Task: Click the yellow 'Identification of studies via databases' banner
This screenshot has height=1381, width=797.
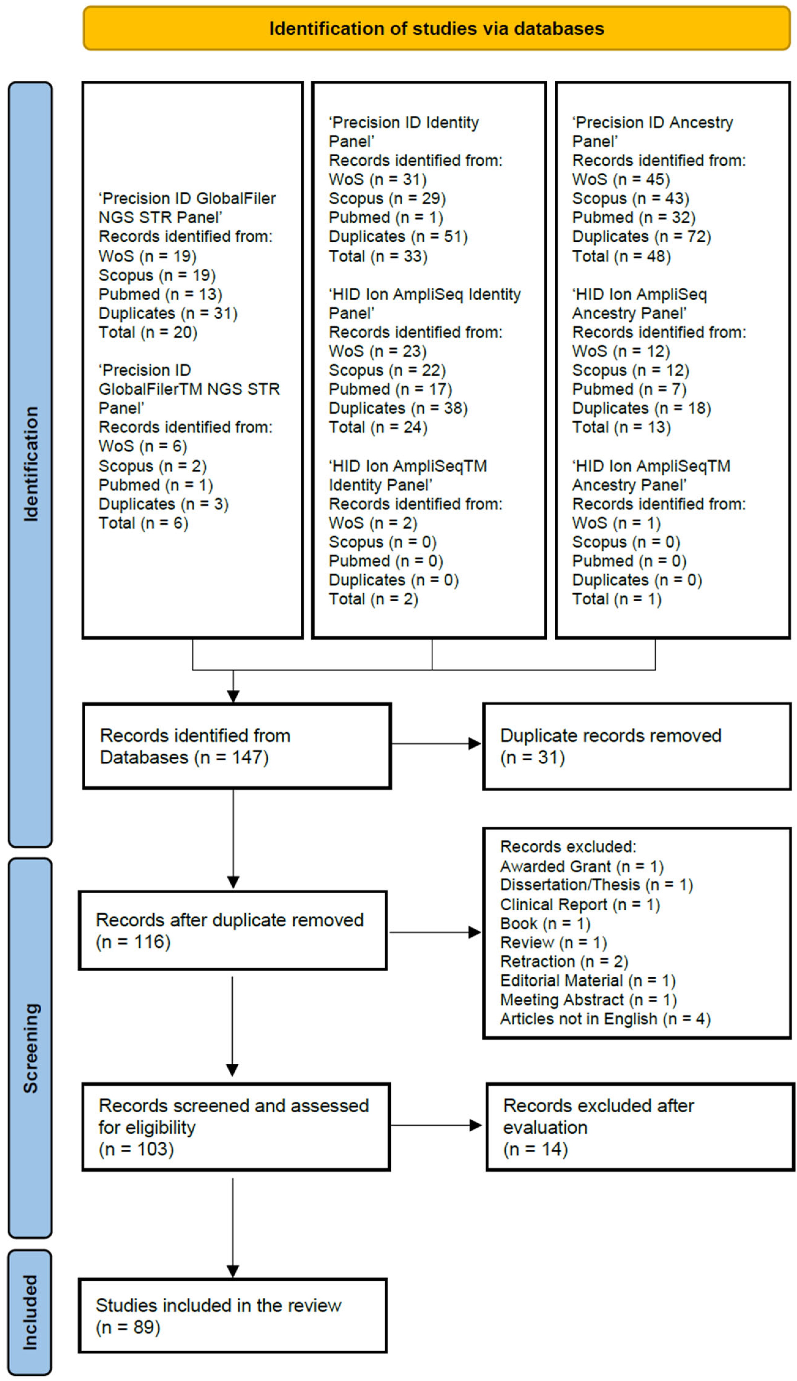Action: [x=436, y=28]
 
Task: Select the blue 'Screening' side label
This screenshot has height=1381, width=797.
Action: [x=30, y=1048]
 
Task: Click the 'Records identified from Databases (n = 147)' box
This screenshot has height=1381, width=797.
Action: [x=236, y=746]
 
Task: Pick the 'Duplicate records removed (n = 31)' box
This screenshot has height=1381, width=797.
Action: [x=637, y=746]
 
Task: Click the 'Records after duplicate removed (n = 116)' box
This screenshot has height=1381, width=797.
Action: [x=233, y=931]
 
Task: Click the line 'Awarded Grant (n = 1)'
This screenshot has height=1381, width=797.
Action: [x=581, y=867]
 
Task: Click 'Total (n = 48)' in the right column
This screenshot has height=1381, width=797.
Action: [x=621, y=256]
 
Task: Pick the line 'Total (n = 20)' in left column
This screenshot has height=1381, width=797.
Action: [x=148, y=332]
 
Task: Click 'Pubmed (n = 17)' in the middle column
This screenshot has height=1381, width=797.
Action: [x=390, y=389]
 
